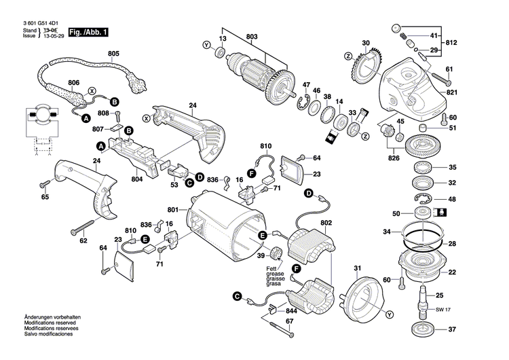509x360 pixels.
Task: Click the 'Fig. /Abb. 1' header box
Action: [x=88, y=33]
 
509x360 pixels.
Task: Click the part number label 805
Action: [x=113, y=53]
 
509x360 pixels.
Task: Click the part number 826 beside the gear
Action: [x=394, y=158]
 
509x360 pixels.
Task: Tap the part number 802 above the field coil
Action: [x=326, y=223]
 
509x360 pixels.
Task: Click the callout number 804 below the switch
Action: [x=136, y=180]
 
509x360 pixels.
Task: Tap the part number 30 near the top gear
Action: [x=366, y=43]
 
